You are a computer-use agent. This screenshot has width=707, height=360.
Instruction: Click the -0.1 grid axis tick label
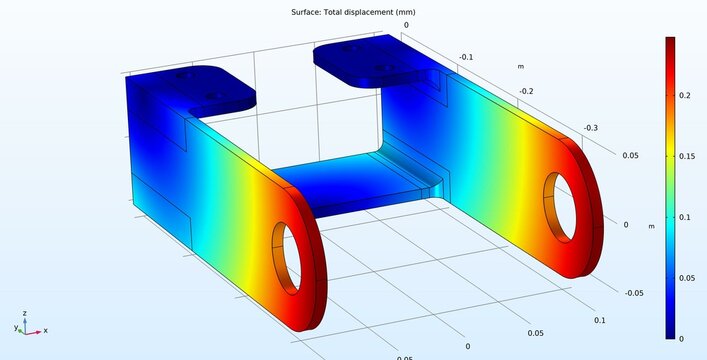465,57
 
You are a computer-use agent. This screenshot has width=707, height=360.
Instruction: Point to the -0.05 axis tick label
633,293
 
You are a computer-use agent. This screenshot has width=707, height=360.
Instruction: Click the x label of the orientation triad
46,330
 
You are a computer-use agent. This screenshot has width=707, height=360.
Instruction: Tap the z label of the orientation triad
24,312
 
